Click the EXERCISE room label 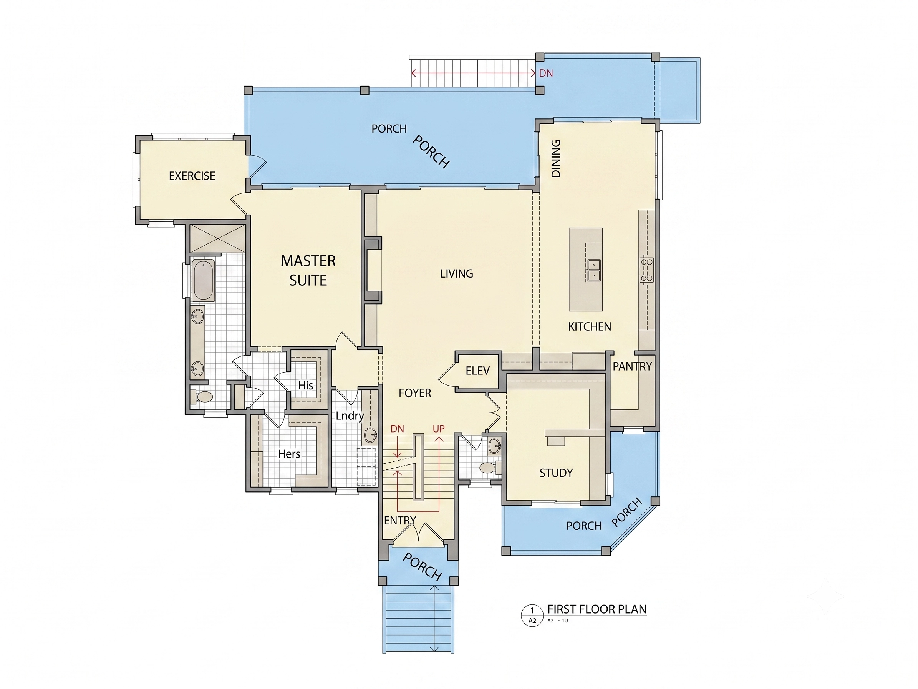192,176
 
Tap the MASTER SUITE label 308,270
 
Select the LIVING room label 457,274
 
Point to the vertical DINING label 556,158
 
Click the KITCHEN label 589,327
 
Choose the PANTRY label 633,366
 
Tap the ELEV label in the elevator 478,371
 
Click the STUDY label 556,473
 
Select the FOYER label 414,393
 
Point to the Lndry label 350,416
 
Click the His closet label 305,385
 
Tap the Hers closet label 289,454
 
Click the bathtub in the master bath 203,280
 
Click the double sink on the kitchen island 594,270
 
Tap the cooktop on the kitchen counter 646,270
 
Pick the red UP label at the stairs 439,429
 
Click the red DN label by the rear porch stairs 546,73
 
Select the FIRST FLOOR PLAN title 597,609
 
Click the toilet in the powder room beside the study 490,468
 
